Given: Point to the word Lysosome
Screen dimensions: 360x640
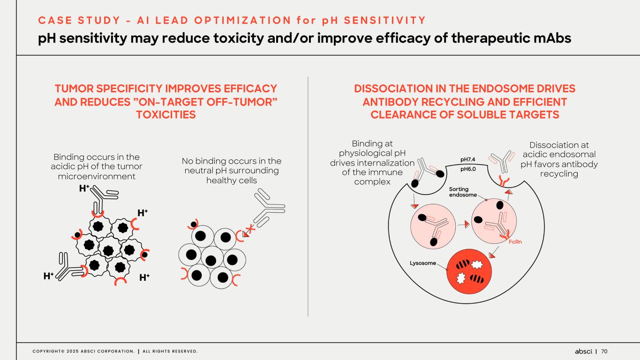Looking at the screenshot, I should coord(423,263).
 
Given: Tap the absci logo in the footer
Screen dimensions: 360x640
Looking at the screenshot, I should coord(584,351).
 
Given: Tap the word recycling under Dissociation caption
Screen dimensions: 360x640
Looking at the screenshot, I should coord(559,174).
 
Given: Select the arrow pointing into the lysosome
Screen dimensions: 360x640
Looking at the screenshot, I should coord(493,255).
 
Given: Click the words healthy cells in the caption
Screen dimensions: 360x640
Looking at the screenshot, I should coord(232,180).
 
